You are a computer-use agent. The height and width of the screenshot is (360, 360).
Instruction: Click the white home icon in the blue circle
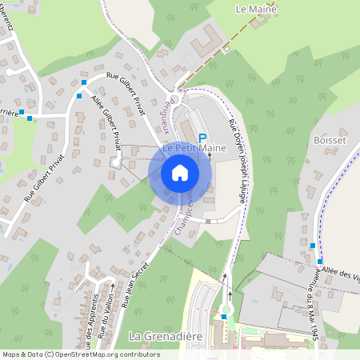(x=180, y=173)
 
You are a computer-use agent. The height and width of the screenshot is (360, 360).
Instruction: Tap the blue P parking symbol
(x=202, y=138)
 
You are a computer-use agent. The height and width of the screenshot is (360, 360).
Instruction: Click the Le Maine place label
(x=256, y=10)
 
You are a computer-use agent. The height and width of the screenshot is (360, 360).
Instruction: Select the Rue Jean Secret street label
(x=137, y=285)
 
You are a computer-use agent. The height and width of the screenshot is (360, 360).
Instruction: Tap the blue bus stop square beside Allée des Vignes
(x=319, y=262)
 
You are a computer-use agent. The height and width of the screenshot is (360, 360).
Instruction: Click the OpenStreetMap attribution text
(x=81, y=354)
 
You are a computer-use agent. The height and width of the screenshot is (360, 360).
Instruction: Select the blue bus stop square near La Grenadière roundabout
(x=224, y=317)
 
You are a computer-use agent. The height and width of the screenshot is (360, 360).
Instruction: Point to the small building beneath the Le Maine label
(x=258, y=22)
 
